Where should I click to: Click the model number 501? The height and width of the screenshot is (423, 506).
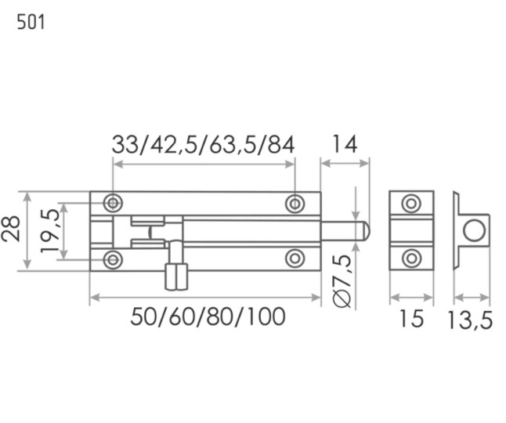point(31,22)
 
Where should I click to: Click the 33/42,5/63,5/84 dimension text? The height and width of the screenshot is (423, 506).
point(203,145)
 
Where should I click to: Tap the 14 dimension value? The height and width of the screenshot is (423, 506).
point(345,144)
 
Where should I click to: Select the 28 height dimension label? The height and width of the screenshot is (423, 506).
point(11,229)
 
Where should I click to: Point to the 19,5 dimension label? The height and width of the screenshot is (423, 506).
point(50,231)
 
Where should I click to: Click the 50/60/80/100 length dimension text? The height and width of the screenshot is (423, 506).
point(208,316)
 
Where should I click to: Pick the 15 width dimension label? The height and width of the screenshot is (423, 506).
point(411,319)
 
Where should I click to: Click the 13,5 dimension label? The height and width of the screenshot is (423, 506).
point(470,320)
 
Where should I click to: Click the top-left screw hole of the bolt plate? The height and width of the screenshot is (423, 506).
point(113,203)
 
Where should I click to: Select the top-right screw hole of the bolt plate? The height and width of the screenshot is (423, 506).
point(295,204)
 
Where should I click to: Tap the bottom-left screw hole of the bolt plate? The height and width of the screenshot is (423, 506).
point(113,259)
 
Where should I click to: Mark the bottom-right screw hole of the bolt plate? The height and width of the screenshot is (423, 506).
point(295,258)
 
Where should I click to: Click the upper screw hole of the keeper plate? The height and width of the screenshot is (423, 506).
point(411,204)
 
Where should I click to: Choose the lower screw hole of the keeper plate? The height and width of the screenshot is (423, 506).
point(411,258)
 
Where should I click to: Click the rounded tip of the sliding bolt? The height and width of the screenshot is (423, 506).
point(367,231)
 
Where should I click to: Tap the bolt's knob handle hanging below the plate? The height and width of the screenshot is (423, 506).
point(176,277)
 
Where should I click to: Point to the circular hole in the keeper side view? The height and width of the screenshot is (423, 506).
point(474,230)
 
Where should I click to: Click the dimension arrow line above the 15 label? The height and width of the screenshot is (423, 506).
point(411,297)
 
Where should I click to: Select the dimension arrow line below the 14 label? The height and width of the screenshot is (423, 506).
point(345,163)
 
